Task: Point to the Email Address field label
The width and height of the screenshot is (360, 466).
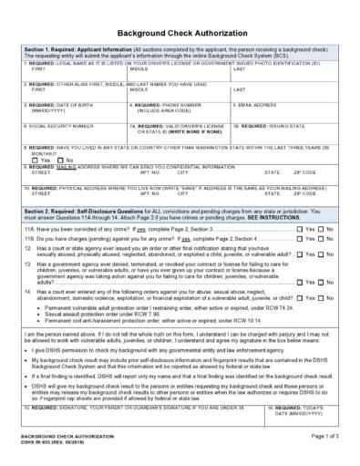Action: (261, 105)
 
